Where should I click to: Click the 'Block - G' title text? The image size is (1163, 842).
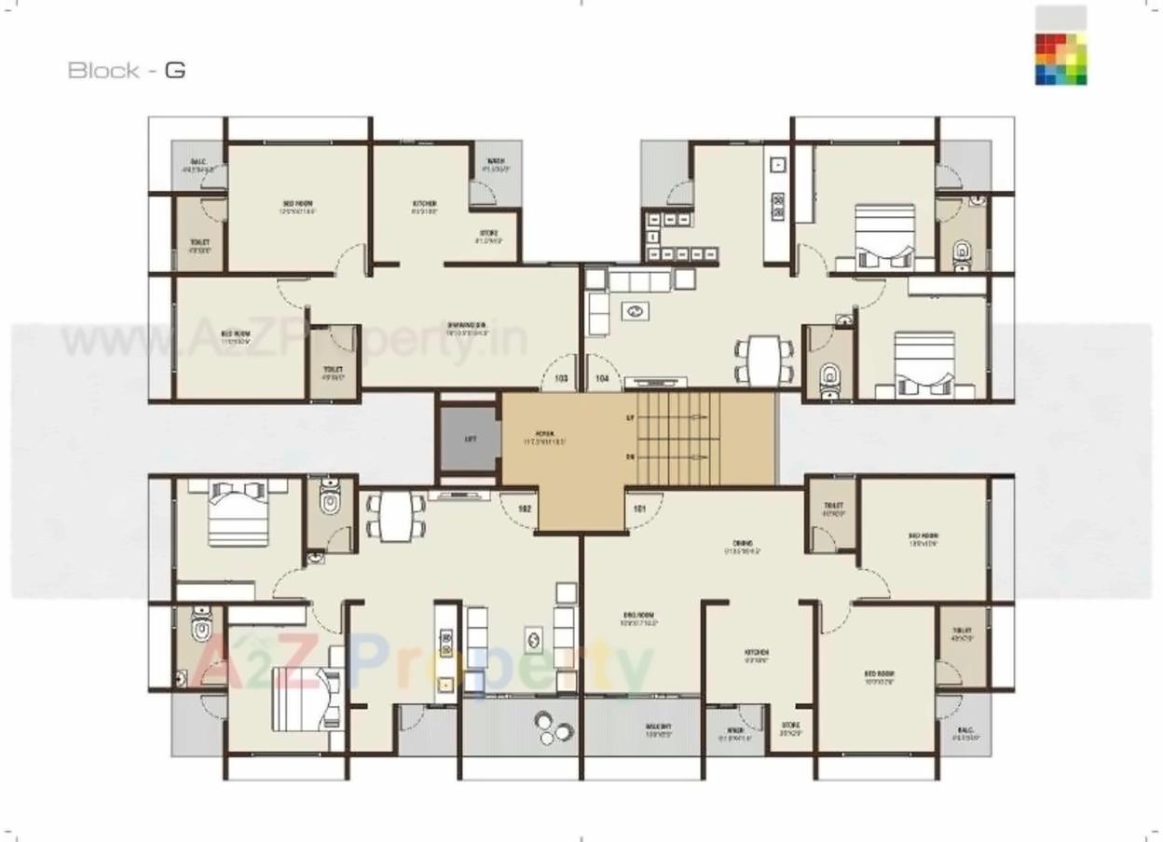point(127,70)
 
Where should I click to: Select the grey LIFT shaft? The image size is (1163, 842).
point(470,439)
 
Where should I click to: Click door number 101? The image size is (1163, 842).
point(639,509)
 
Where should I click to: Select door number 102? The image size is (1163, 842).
point(525,509)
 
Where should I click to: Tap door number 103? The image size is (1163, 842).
point(561,379)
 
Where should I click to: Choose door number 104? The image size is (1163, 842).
point(602,379)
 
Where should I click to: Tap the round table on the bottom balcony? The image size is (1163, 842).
point(551,726)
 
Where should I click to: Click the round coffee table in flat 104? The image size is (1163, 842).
point(636,312)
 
